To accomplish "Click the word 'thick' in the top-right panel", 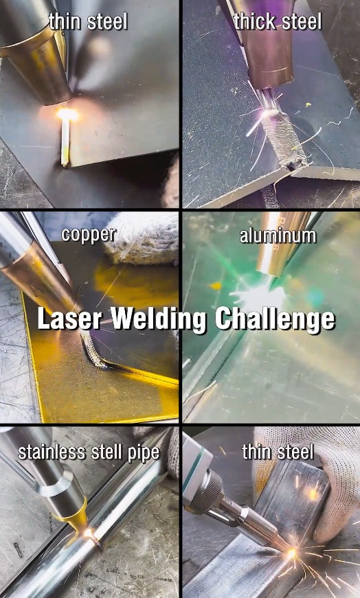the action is (256, 22).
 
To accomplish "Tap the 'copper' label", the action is (89, 235).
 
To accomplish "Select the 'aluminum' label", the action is (278, 236).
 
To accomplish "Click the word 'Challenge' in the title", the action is (275, 320).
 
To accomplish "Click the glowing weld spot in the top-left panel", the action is (67, 114).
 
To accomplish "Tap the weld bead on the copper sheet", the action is (93, 349).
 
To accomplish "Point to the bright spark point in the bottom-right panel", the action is (292, 553).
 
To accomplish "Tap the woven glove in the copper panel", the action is (142, 238).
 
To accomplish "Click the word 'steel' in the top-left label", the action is (107, 23).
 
